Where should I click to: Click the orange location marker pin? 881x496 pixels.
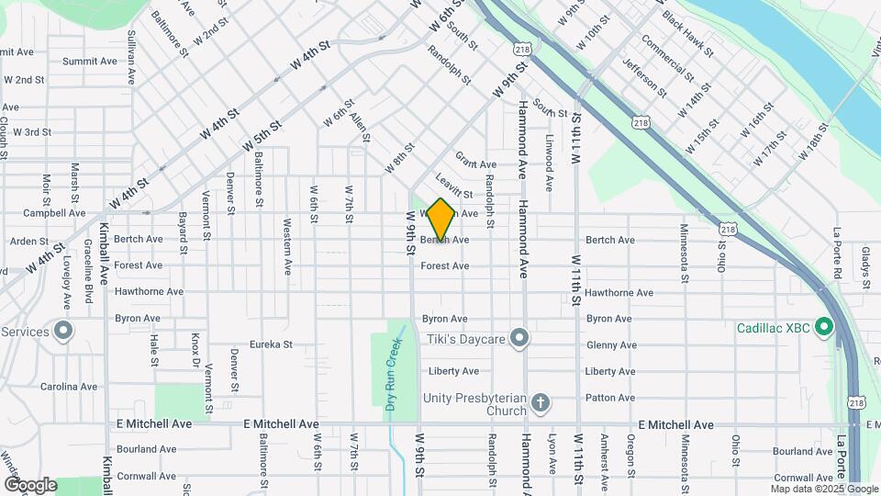(440, 220)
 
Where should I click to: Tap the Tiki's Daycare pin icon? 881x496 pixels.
(519, 339)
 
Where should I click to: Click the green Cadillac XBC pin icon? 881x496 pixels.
(823, 327)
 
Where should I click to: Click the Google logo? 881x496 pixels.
(30, 484)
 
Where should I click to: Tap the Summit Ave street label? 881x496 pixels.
(90, 62)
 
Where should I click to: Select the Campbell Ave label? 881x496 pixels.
(54, 213)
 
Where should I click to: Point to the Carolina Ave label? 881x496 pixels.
(69, 387)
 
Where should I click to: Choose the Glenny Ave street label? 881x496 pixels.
(611, 345)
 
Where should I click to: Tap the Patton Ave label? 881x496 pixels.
(609, 398)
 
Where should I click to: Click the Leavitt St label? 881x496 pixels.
(454, 188)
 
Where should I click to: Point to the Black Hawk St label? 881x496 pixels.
(687, 33)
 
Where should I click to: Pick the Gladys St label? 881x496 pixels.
(866, 265)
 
